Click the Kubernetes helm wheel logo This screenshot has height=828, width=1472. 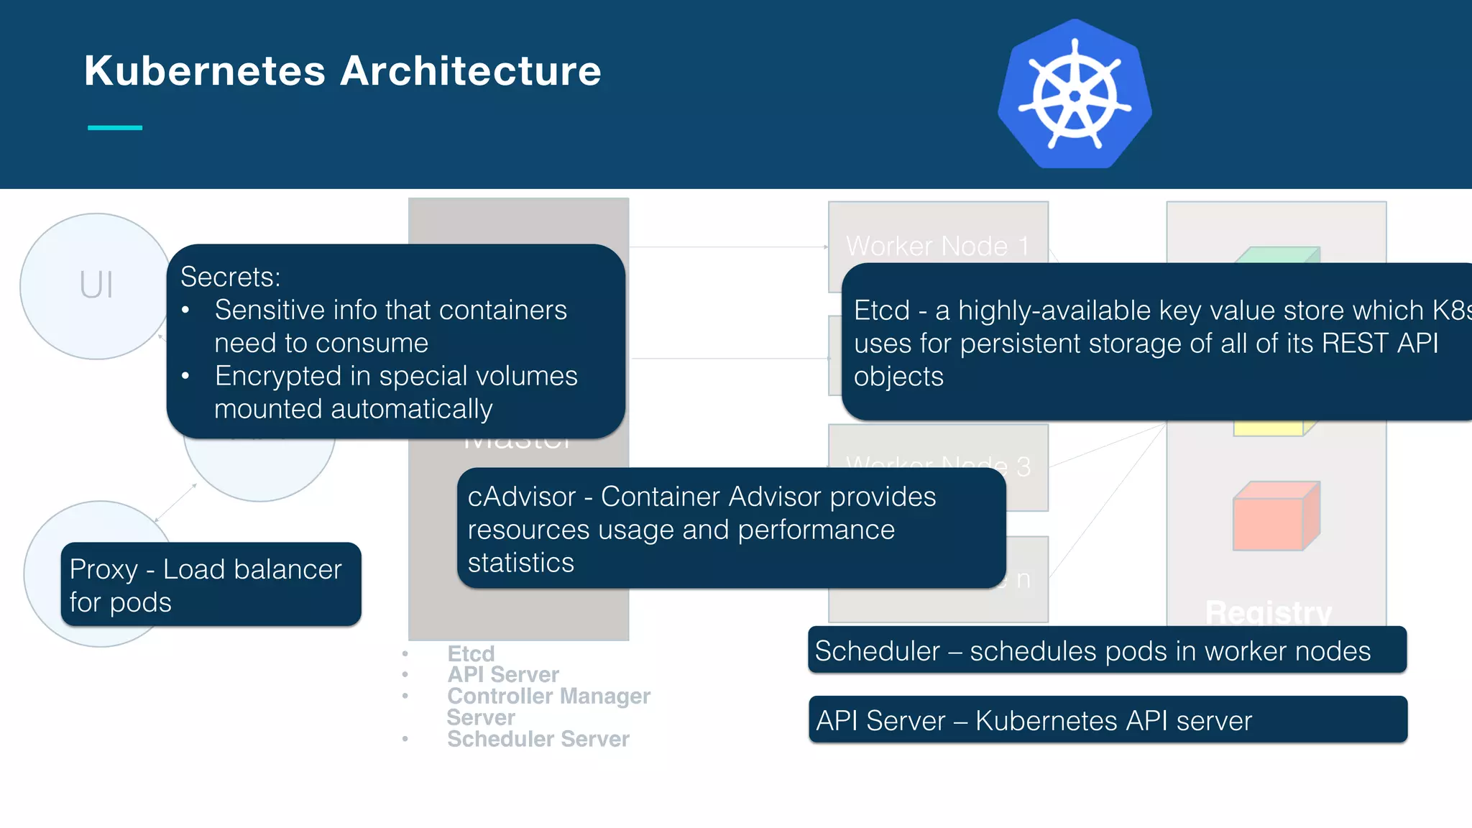point(1075,95)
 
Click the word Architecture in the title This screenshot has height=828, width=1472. point(471,71)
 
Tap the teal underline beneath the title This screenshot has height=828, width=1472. point(115,128)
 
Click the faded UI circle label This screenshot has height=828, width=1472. point(96,285)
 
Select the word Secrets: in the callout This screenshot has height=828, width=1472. point(230,277)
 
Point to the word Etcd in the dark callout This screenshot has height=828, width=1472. point(881,310)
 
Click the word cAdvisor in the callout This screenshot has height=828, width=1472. point(522,497)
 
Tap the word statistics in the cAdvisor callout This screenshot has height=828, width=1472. point(520,563)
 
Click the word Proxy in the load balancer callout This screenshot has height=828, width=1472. point(103,569)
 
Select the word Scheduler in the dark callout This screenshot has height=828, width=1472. point(877,651)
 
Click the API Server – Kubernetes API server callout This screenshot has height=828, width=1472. point(1107,720)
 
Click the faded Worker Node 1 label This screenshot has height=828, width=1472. point(937,247)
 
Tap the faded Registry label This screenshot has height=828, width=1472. point(1269,612)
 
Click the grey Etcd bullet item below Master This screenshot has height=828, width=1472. point(471,653)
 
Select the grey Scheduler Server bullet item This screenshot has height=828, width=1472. point(538,739)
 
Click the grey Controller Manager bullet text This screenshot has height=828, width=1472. point(548,696)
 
